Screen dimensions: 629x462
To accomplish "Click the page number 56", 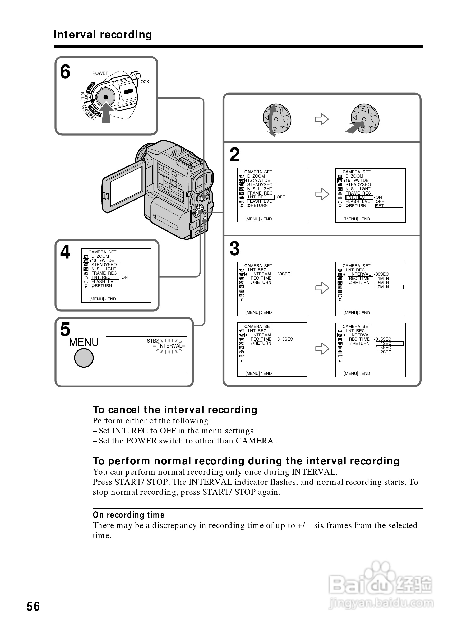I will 33,606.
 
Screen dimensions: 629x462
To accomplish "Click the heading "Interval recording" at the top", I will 103,35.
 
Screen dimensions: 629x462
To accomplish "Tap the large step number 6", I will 65,72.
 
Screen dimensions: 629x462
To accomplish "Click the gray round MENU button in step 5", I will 84,358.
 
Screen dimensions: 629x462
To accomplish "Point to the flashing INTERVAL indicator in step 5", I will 169,346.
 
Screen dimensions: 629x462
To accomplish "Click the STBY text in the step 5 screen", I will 153,341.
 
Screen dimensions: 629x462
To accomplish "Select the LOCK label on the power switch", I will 144,82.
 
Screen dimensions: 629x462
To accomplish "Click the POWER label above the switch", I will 100,73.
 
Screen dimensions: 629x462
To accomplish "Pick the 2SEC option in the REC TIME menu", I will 386,352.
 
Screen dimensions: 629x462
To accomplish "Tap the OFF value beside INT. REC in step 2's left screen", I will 280,197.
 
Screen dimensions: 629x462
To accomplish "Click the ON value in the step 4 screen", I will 124,277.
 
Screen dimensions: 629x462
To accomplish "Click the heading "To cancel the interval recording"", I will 175,410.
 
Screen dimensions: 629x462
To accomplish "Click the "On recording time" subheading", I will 129,515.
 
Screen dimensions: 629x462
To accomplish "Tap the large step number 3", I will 234,248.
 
